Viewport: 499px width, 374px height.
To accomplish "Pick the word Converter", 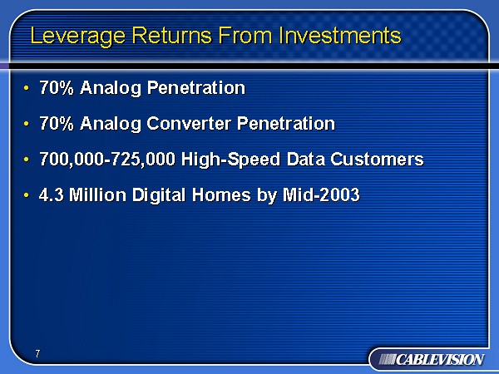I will pos(190,124).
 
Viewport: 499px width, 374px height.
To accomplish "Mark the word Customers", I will pos(373,160).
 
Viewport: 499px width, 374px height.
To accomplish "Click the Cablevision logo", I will pos(427,359).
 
